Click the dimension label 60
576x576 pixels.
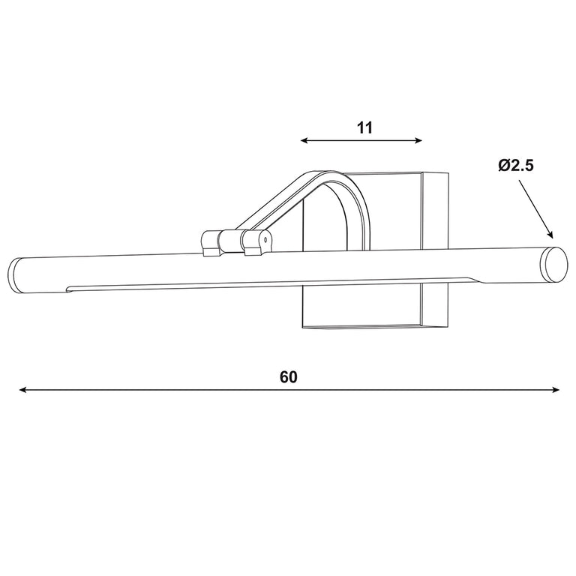point(288,377)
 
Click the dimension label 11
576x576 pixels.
point(364,127)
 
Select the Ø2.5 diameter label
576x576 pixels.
point(516,166)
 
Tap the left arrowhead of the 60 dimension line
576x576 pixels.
point(22,390)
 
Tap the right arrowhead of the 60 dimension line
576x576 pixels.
point(556,390)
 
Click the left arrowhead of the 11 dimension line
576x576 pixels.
point(304,140)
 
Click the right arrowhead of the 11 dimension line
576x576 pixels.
point(418,140)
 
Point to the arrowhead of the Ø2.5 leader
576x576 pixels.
point(550,234)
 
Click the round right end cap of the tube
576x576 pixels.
point(555,265)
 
